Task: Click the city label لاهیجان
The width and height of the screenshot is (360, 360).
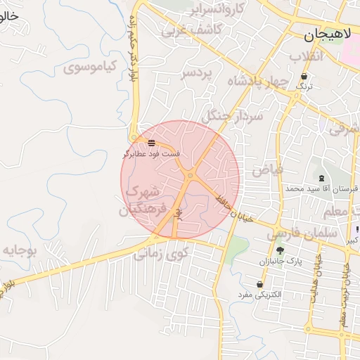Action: tap(329, 34)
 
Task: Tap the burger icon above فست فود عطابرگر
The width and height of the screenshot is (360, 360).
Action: tap(152, 143)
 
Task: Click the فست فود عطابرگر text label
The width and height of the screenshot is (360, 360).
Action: tap(152, 153)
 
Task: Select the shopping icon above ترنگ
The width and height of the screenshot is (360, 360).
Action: tap(304, 77)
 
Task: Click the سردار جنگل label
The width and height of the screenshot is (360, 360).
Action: tap(232, 115)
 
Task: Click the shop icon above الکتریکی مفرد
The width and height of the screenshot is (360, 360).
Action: tap(261, 283)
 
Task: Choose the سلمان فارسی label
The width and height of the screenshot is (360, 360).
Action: tap(294, 230)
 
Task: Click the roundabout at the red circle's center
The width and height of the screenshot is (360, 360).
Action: tap(190, 175)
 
